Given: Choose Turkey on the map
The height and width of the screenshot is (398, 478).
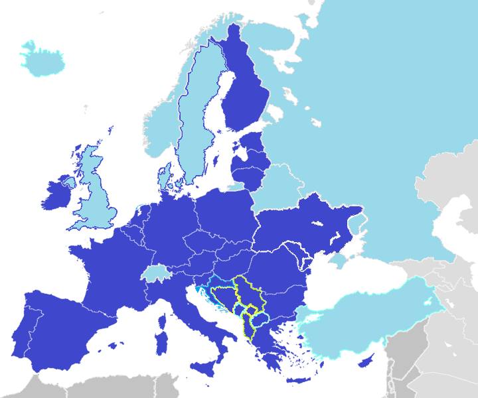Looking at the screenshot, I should [358, 318].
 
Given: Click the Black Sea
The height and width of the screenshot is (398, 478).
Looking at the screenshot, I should [345, 285].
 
